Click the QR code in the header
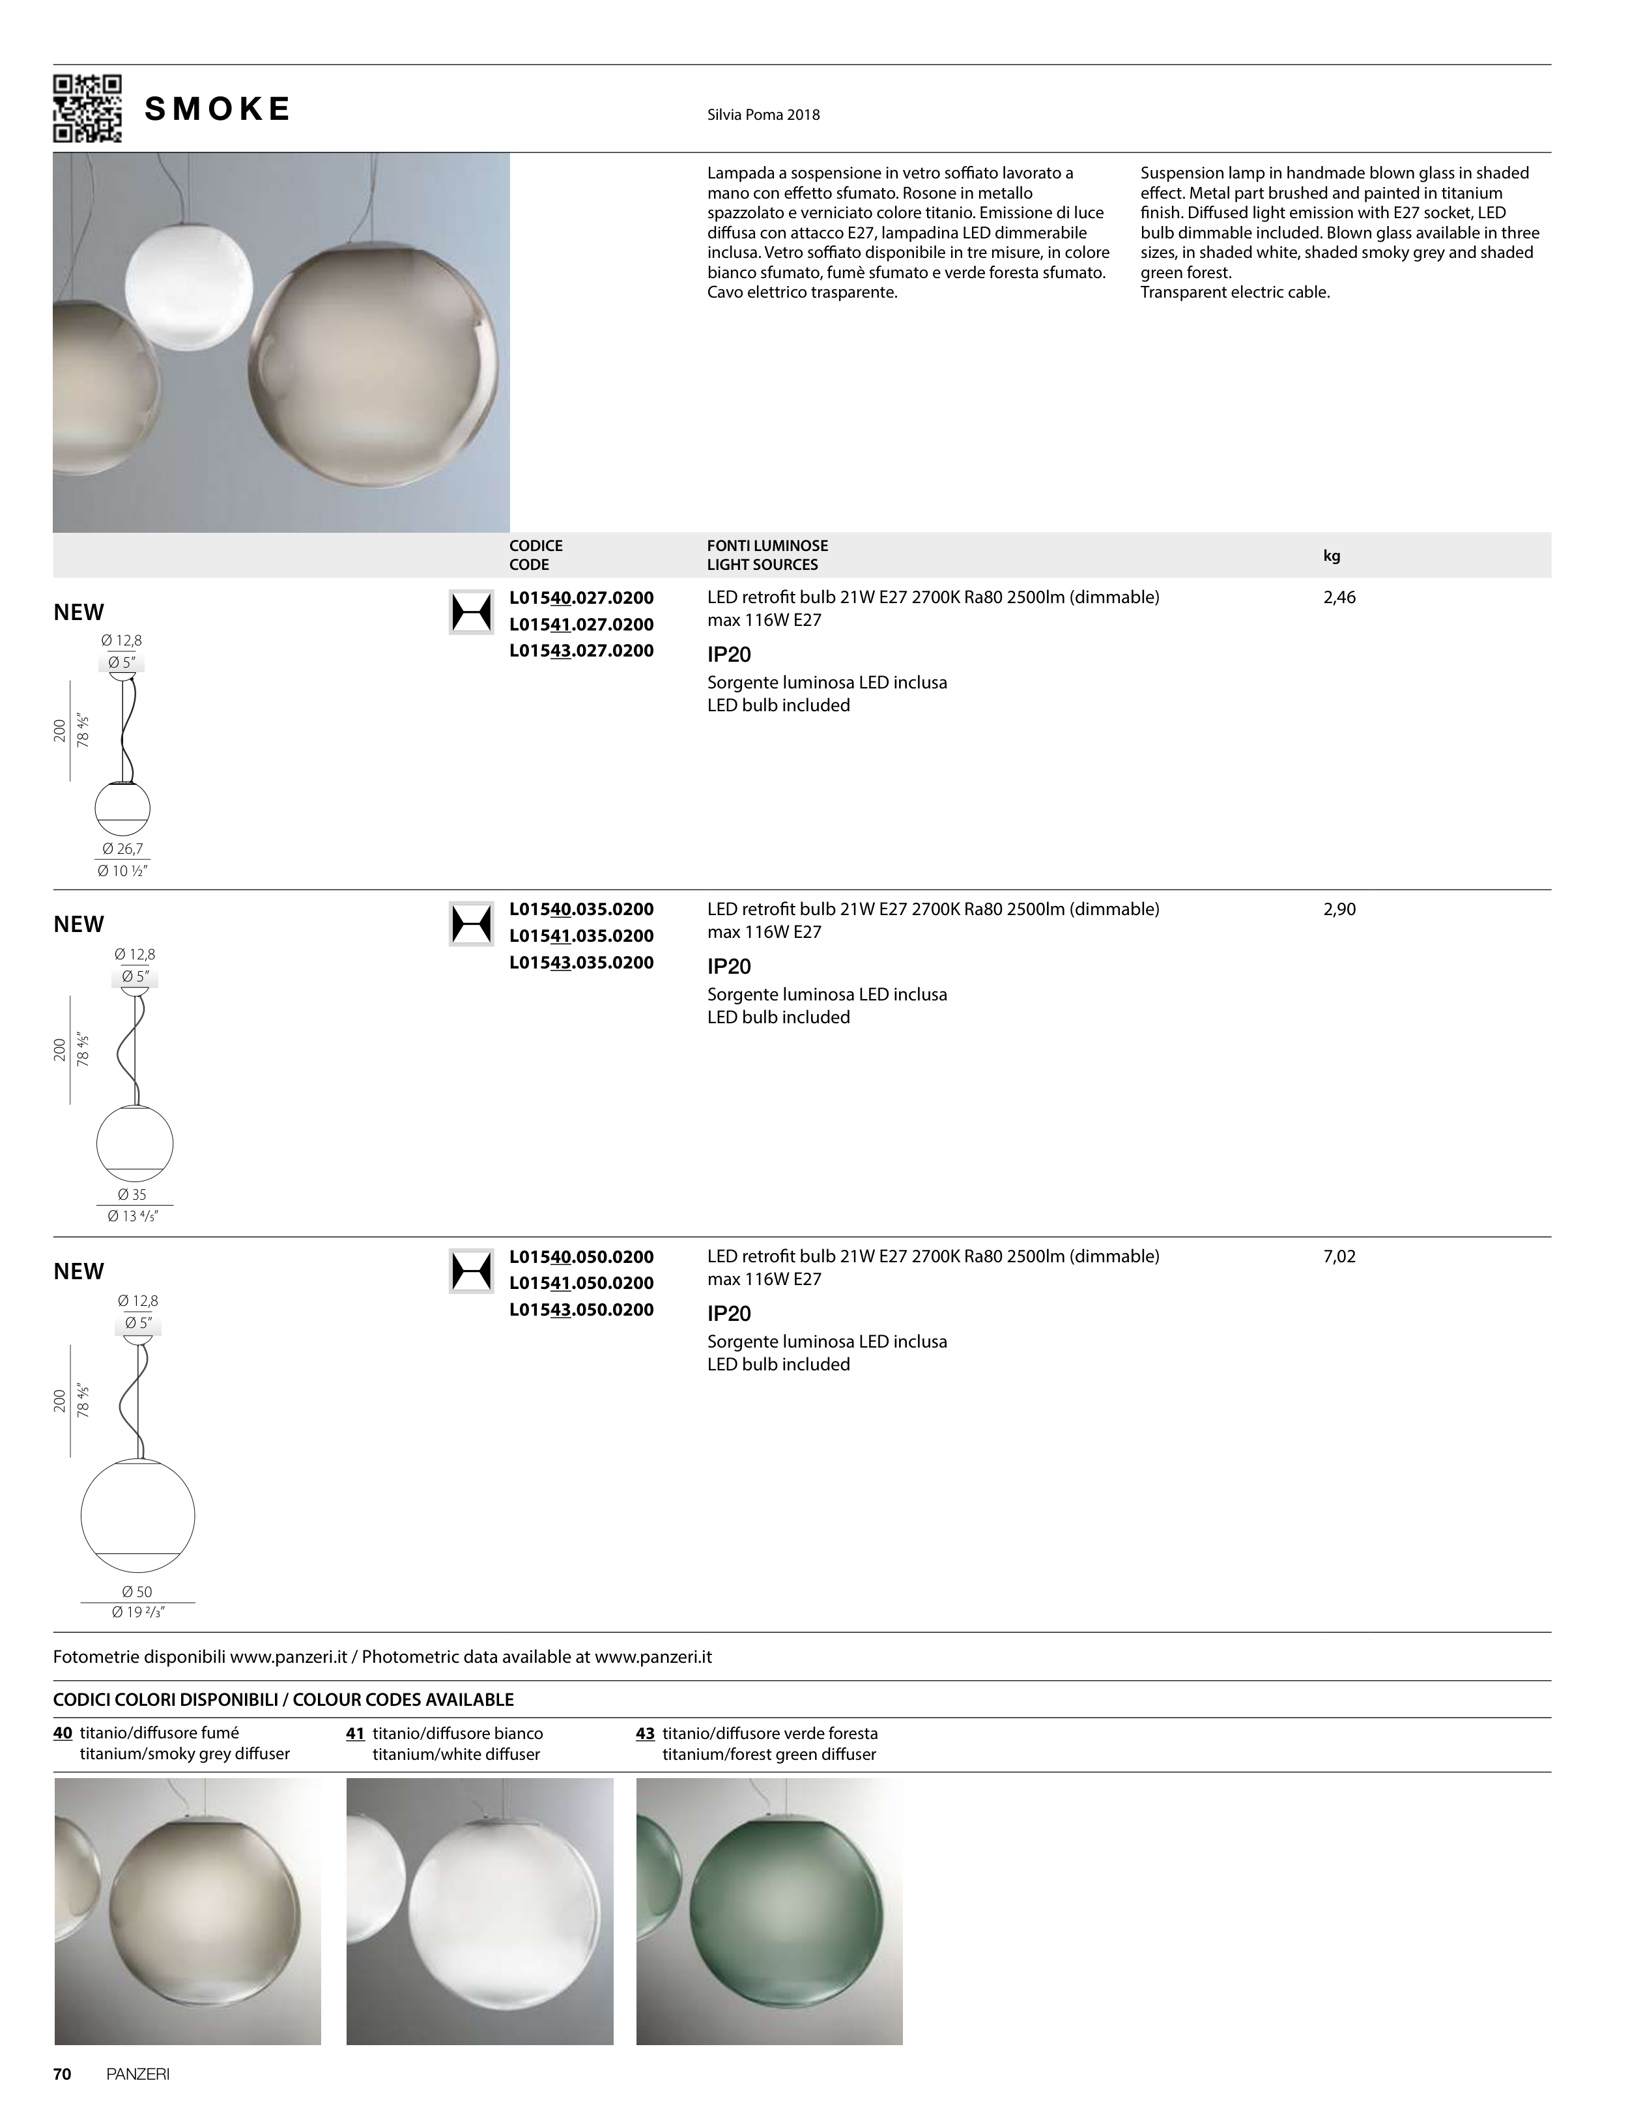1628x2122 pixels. (x=87, y=109)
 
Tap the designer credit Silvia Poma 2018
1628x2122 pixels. (x=764, y=115)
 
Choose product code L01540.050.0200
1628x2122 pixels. (x=581, y=1257)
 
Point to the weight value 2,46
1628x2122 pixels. (x=1339, y=598)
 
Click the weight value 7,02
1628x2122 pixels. (x=1339, y=1257)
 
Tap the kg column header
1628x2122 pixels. (x=1332, y=556)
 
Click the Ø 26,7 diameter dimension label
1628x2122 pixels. (x=123, y=850)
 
